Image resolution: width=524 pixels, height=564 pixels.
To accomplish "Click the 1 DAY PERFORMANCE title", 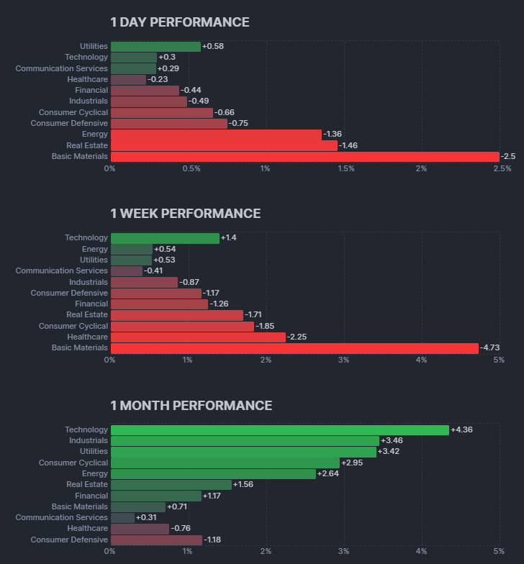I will (x=180, y=22).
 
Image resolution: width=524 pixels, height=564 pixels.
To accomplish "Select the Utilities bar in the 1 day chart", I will (x=155, y=46).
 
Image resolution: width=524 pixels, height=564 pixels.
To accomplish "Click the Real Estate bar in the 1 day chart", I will (x=224, y=145).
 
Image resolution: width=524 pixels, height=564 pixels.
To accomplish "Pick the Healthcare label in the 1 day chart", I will (x=87, y=79).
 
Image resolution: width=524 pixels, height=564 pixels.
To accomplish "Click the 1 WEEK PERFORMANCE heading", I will (x=186, y=214).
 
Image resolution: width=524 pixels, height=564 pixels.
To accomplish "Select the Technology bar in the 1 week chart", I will (x=165, y=237).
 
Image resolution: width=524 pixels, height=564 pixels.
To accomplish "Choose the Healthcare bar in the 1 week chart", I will (x=198, y=337).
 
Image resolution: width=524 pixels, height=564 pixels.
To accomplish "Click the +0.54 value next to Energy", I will (x=165, y=249).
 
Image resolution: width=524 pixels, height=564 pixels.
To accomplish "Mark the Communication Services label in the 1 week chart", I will (x=62, y=270).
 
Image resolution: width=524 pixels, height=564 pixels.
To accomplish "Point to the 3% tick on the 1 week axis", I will (x=343, y=360).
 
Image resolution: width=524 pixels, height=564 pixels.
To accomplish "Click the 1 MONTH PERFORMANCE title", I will (x=191, y=406).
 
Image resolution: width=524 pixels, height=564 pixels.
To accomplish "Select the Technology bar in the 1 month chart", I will (x=280, y=429).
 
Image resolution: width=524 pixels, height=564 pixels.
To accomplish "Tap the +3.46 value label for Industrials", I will (x=392, y=440).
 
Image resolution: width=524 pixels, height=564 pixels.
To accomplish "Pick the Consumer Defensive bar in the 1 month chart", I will (x=156, y=540).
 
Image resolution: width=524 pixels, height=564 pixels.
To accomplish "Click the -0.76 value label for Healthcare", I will (x=182, y=529).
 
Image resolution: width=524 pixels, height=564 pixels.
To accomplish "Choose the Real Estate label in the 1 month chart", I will (x=87, y=484).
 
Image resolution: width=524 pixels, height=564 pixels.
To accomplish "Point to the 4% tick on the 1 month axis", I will (x=421, y=551).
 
